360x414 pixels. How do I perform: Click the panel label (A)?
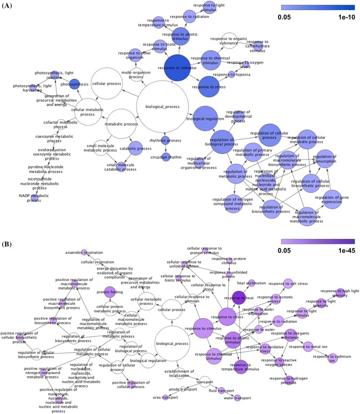click(x=10, y=7)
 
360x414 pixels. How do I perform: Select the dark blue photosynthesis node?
click(x=78, y=85)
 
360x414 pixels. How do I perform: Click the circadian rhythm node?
click(x=164, y=158)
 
